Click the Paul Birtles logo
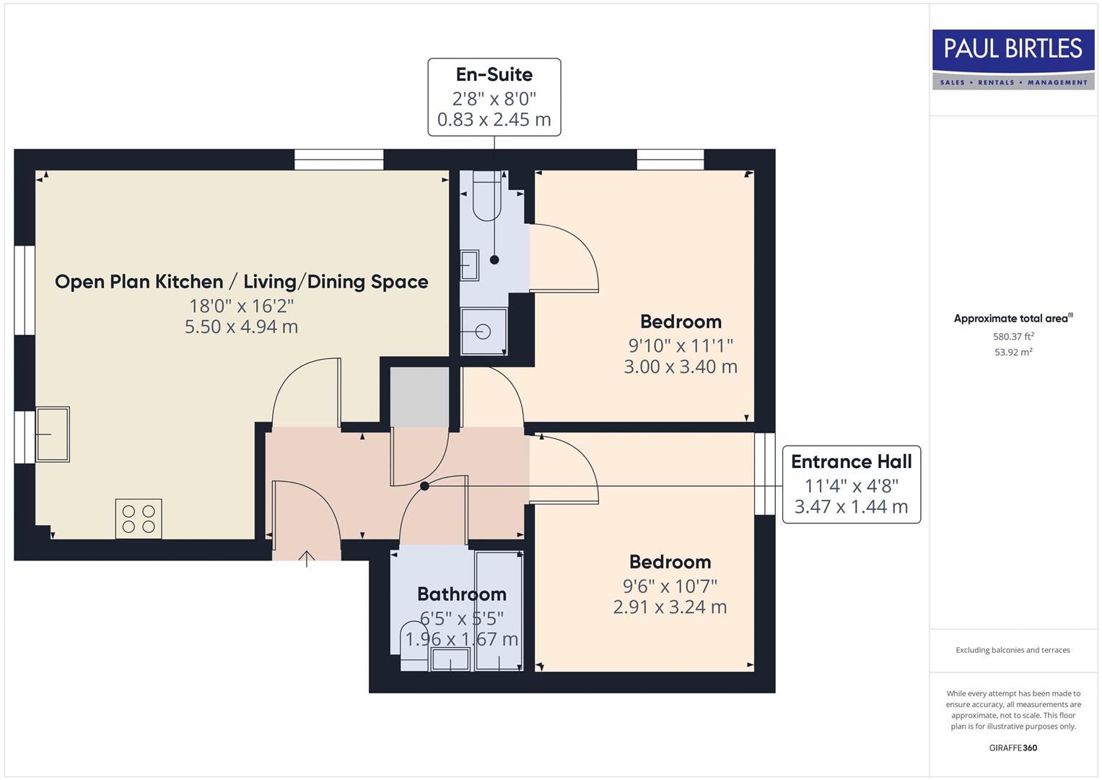(x=1013, y=59)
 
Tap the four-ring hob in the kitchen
(x=139, y=519)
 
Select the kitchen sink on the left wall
(x=53, y=434)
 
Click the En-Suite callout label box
(x=494, y=97)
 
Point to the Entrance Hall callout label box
(x=851, y=484)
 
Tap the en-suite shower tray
(x=484, y=331)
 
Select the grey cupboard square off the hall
(x=419, y=396)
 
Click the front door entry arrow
(x=307, y=558)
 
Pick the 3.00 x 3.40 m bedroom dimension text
(x=681, y=367)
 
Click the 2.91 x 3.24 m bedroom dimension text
(x=670, y=607)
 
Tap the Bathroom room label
(x=462, y=594)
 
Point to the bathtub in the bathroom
(x=499, y=610)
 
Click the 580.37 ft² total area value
(x=1013, y=337)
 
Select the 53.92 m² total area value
(x=1013, y=352)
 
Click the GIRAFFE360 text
(x=1013, y=747)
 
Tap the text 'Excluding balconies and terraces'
(x=1013, y=650)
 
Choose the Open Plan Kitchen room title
(x=241, y=282)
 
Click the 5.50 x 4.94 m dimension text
(x=241, y=327)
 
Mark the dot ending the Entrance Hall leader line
(x=424, y=486)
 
